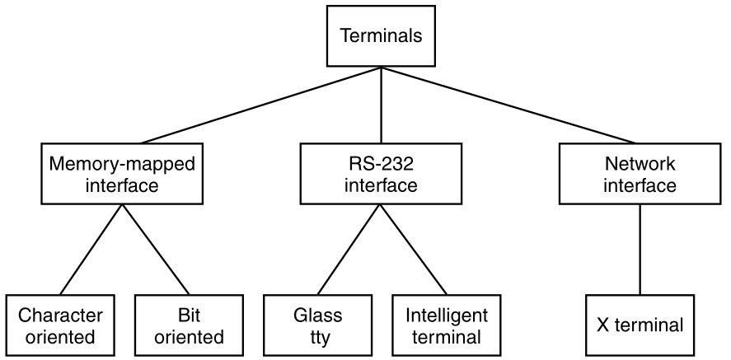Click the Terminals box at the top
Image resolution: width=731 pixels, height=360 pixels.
[x=381, y=36]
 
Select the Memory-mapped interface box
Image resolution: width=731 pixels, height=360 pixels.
[x=122, y=174]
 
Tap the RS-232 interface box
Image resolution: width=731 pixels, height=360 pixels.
[x=381, y=174]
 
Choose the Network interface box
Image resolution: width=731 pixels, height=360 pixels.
[x=640, y=174]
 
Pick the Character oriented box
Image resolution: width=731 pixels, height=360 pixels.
[x=60, y=325]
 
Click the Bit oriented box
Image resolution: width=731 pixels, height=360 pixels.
[x=190, y=325]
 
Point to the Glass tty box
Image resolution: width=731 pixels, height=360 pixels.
[x=317, y=325]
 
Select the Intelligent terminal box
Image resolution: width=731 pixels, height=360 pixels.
[x=447, y=325]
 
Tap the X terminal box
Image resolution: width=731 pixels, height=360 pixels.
[x=640, y=325]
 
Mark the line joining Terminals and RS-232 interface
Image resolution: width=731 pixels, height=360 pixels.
[x=381, y=105]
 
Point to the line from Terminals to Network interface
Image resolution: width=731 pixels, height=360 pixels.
[x=510, y=105]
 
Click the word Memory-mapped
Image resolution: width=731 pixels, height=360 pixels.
[x=122, y=164]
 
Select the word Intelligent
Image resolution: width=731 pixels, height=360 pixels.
[x=447, y=316]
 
